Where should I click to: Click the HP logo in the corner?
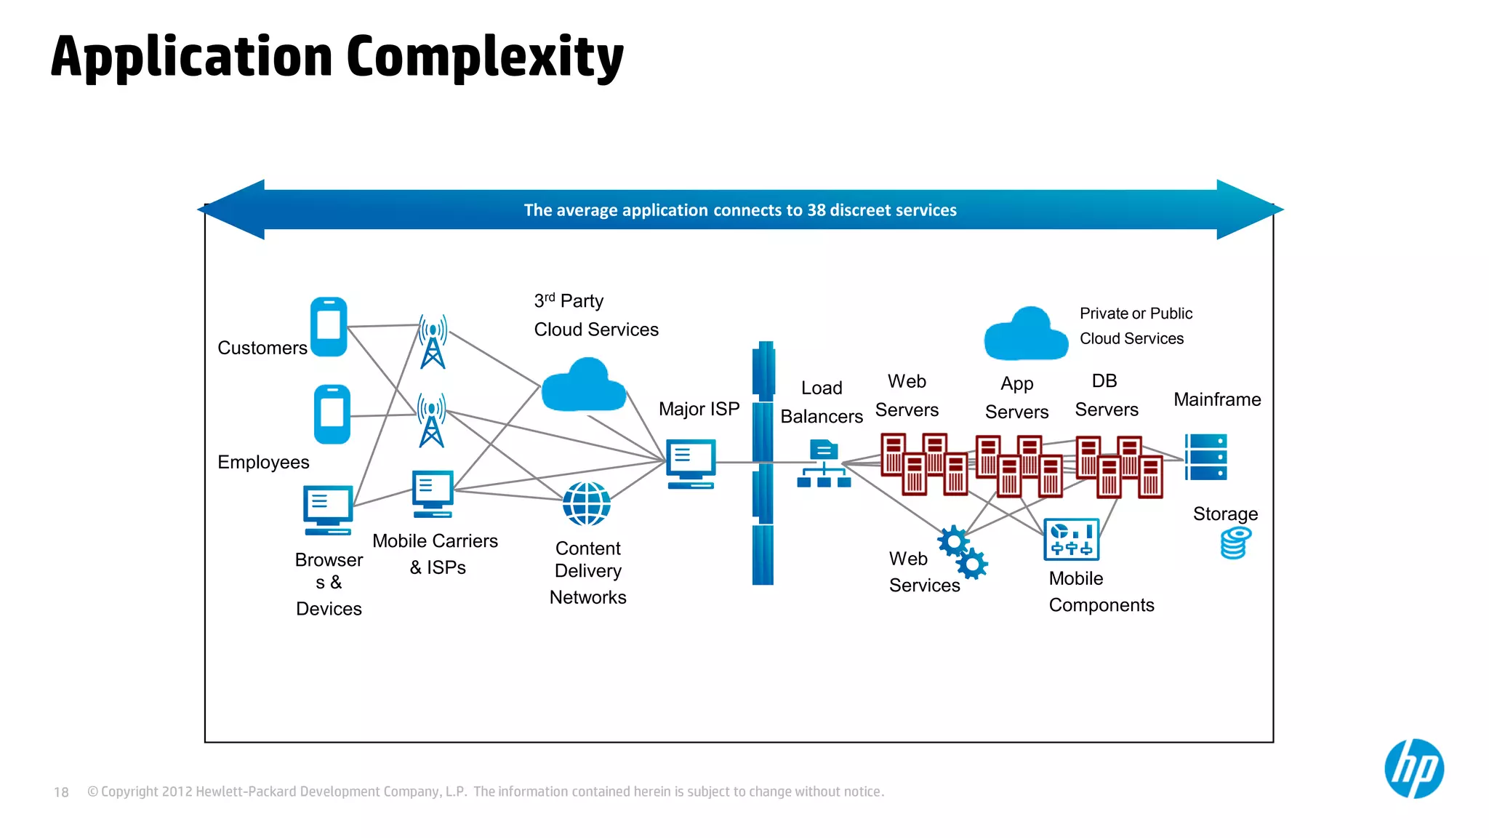[x=1413, y=769]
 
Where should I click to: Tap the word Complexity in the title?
[x=485, y=58]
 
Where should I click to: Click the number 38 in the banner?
[x=816, y=210]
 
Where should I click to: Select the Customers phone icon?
[x=329, y=327]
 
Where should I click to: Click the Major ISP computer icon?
[x=691, y=463]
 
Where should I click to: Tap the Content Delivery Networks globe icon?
[x=587, y=503]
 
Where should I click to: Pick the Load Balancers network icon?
[x=824, y=463]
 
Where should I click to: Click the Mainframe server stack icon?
[x=1206, y=457]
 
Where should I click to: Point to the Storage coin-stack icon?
[x=1235, y=543]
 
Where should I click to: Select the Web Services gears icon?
[x=962, y=552]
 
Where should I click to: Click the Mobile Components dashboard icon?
[x=1071, y=539]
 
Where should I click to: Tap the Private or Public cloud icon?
[x=1026, y=335]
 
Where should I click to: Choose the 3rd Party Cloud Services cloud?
[x=584, y=386]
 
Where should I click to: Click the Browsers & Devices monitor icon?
[x=328, y=509]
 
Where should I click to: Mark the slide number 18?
[x=61, y=792]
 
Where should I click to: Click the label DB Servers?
[x=1106, y=396]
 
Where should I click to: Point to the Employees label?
[x=263, y=463]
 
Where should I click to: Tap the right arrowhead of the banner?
[x=1249, y=209]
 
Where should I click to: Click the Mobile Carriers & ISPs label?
[x=436, y=554]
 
